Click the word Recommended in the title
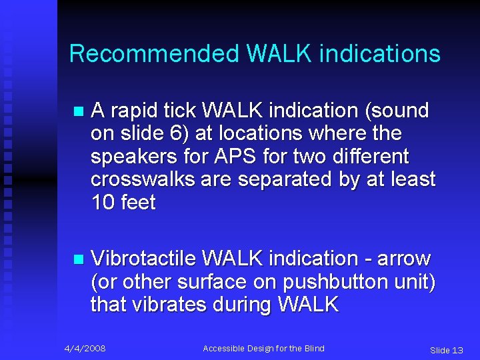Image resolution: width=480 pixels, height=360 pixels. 153,53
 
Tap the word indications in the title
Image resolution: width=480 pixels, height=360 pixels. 379,53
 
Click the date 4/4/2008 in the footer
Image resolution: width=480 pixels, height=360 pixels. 85,349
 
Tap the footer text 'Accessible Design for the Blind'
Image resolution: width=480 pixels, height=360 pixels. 263,349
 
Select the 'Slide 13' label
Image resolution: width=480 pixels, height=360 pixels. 446,350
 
